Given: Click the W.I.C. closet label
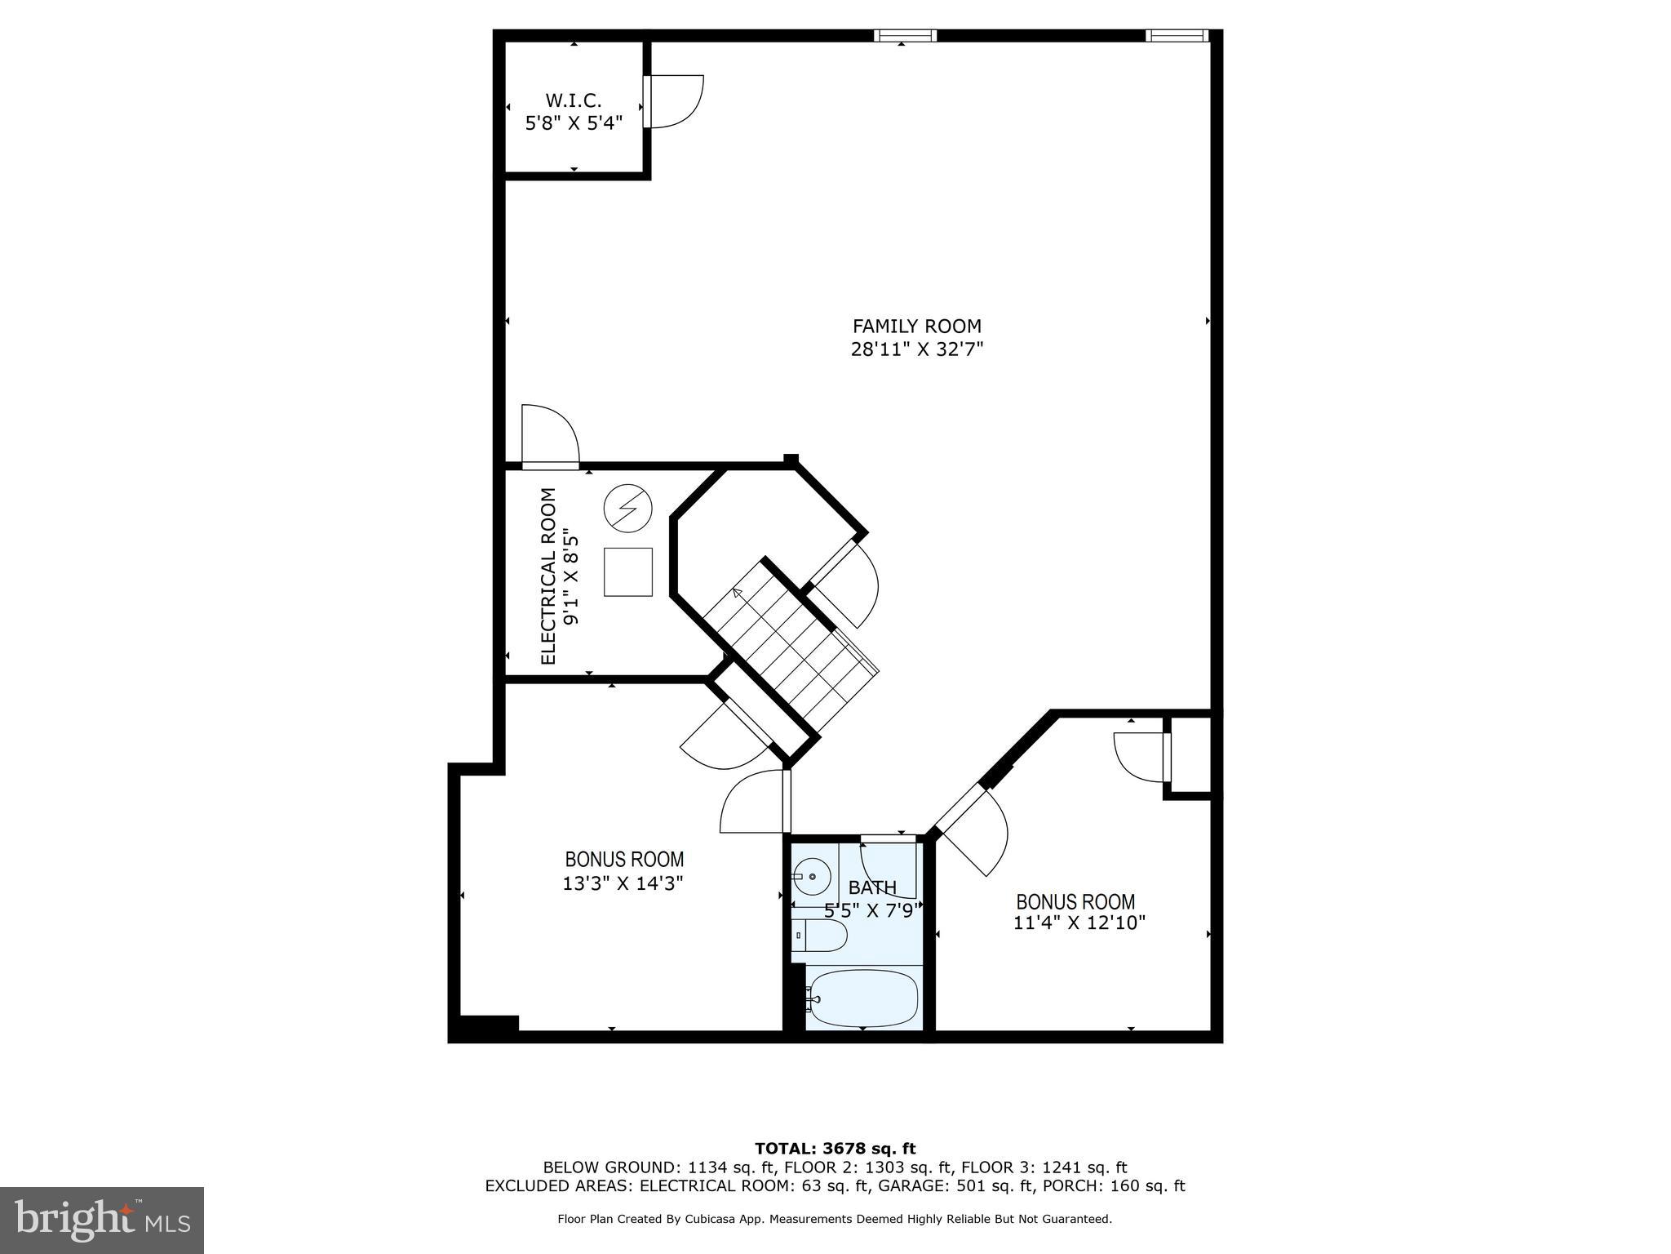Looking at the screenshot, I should tap(573, 101).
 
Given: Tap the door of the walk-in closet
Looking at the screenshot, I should tap(673, 101).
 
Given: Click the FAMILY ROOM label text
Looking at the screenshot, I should tap(916, 327).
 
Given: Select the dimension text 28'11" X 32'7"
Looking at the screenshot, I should tap(916, 350).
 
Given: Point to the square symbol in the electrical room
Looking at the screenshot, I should tap(627, 571).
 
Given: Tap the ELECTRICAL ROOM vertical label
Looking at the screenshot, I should tap(548, 576).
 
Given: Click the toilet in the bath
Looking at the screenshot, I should tap(818, 935).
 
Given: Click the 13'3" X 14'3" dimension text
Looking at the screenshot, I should tap(623, 883).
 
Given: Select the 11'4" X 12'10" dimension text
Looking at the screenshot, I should tap(1079, 923).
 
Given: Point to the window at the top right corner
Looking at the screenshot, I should tap(1176, 35).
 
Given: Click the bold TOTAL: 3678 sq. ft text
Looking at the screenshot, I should tap(835, 1149).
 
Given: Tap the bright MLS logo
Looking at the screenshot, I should tap(101, 1220).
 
